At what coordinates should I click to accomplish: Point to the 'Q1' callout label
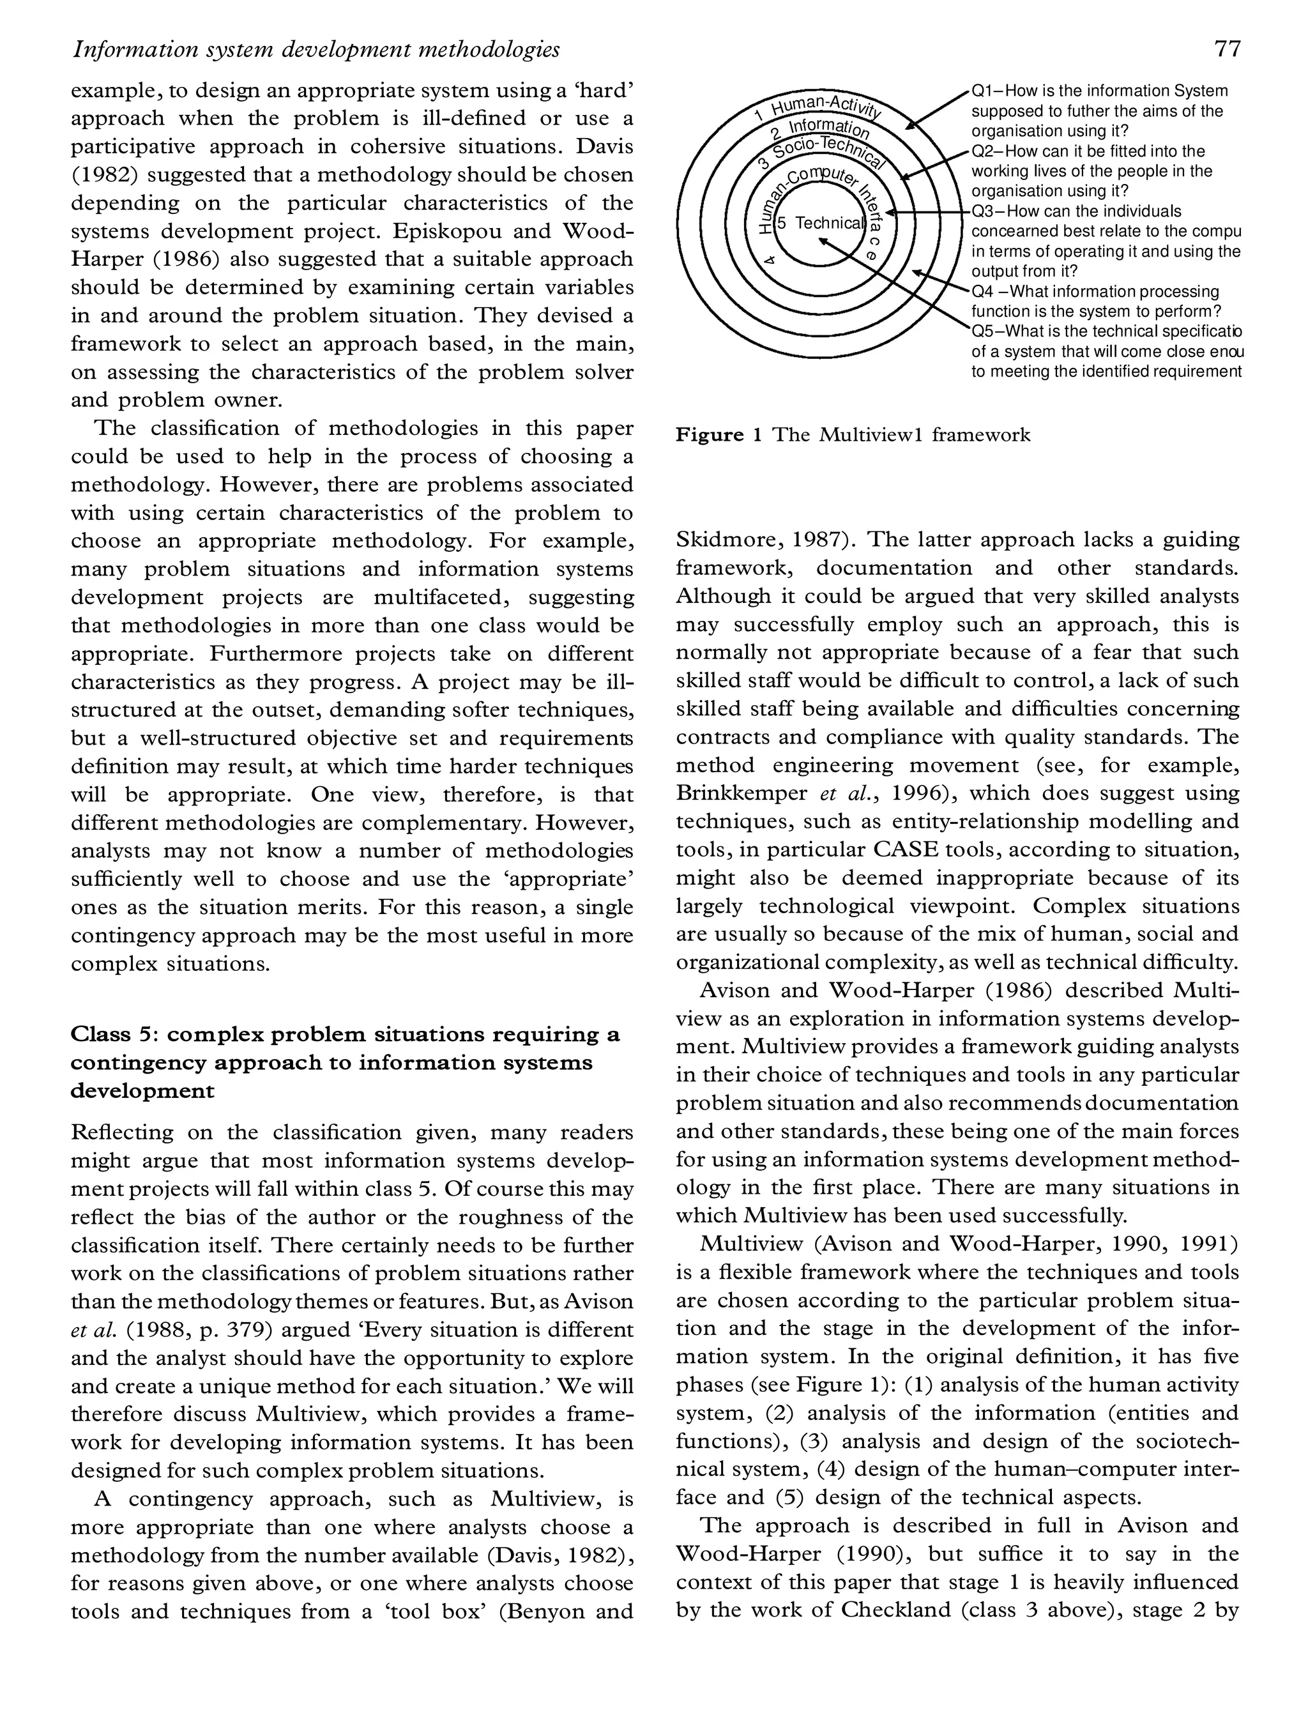(x=982, y=91)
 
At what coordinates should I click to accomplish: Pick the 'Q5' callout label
(x=982, y=332)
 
